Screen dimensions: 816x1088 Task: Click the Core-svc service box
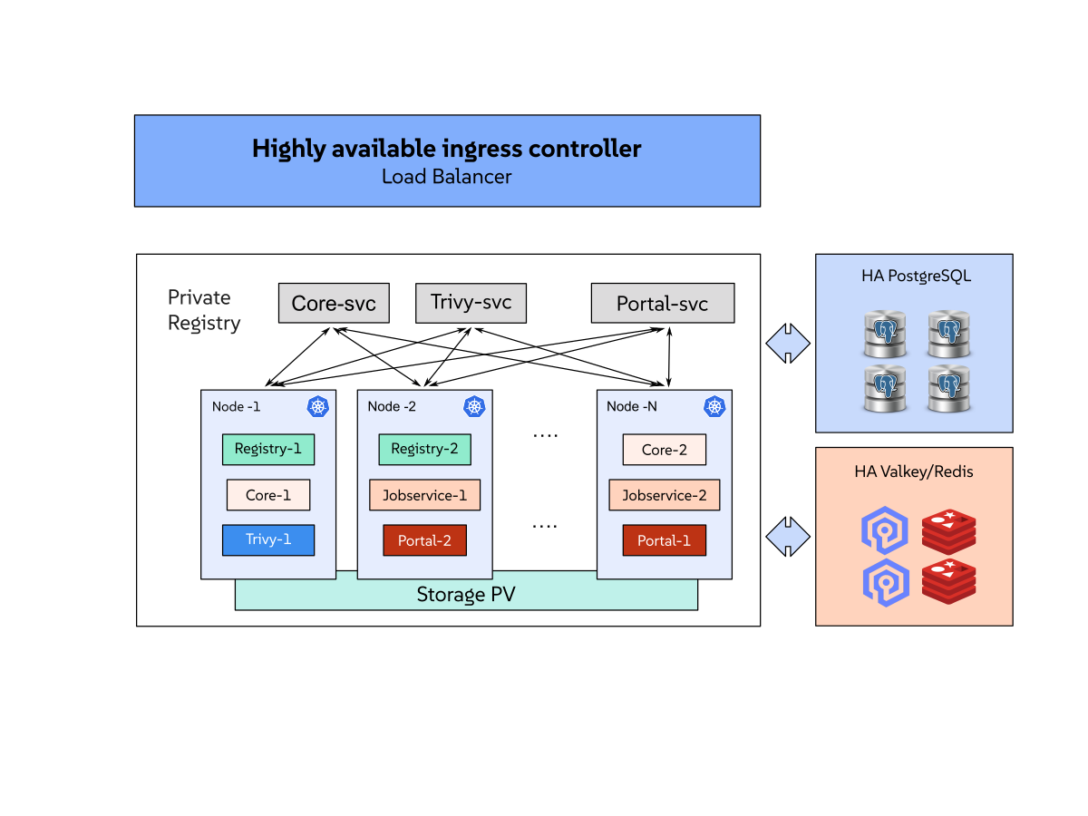click(x=334, y=303)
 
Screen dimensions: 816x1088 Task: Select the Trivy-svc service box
click(x=471, y=303)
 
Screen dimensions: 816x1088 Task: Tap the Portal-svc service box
click(x=662, y=304)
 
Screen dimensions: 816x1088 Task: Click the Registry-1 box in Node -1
click(x=268, y=450)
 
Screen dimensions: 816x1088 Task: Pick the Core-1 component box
click(x=268, y=495)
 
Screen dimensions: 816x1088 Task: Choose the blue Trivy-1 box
click(x=268, y=539)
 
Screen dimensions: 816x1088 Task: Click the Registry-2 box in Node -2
click(x=424, y=450)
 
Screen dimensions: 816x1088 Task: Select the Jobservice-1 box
click(x=424, y=495)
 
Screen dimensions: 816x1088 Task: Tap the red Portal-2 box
click(x=424, y=540)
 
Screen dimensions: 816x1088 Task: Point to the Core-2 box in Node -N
click(x=664, y=450)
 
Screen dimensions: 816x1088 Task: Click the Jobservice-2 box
click(x=664, y=495)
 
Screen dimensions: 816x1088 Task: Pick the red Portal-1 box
click(x=664, y=540)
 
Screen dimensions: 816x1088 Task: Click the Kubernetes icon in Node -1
click(x=317, y=406)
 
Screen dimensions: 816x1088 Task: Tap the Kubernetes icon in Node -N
click(x=714, y=406)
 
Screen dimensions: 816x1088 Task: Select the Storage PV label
click(x=466, y=595)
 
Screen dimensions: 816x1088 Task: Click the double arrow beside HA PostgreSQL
click(x=787, y=344)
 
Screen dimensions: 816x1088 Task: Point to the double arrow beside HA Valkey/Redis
click(x=787, y=537)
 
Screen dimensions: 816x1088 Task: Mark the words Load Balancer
click(x=446, y=177)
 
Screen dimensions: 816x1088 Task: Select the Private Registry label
click(x=204, y=310)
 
